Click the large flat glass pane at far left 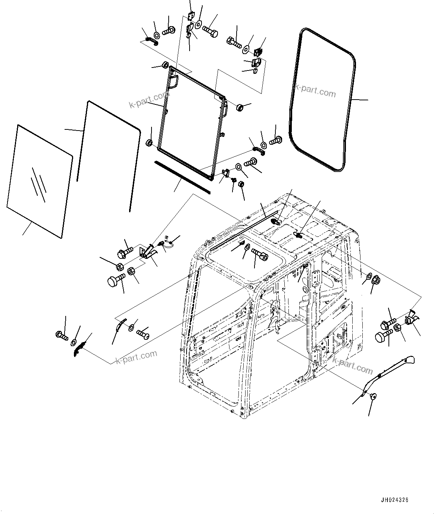39,182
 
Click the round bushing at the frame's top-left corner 165,65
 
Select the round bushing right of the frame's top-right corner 240,107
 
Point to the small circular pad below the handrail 373,397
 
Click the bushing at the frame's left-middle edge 149,142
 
